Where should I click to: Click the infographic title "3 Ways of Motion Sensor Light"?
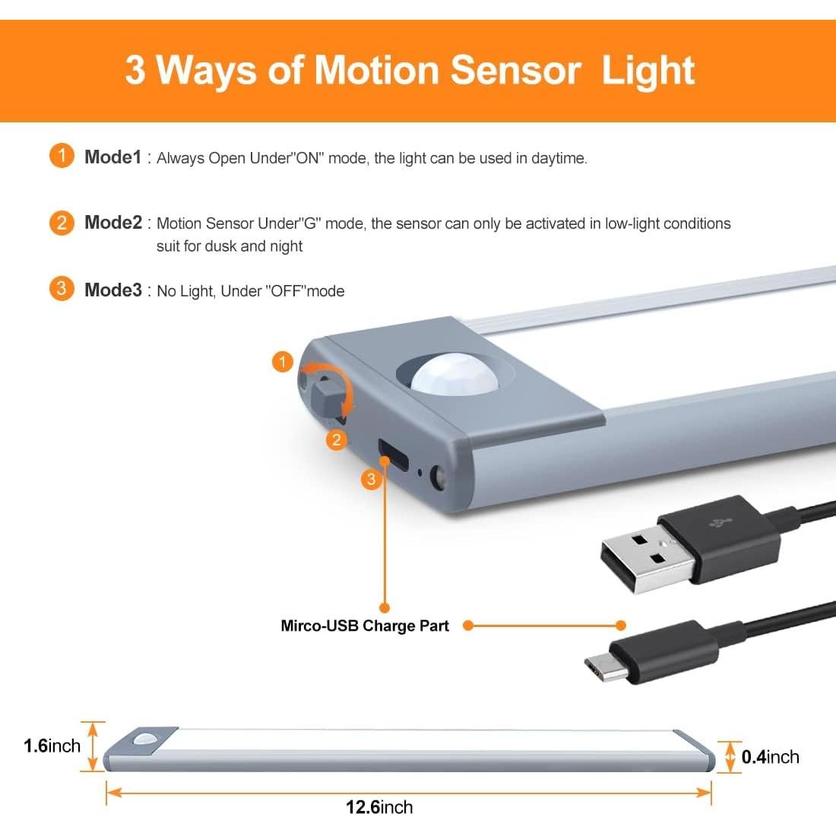click(410, 70)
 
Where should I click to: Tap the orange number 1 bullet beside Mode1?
click(62, 157)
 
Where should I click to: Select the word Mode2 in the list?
click(112, 223)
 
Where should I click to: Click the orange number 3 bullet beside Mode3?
click(62, 289)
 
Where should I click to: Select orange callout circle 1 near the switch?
click(283, 362)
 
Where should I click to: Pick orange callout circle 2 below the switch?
click(337, 439)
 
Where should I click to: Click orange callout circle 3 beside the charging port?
click(371, 479)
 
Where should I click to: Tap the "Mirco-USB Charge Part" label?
click(365, 626)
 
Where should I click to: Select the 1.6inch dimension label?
click(52, 746)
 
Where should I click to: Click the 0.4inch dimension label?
click(770, 757)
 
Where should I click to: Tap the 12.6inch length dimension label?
click(379, 807)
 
